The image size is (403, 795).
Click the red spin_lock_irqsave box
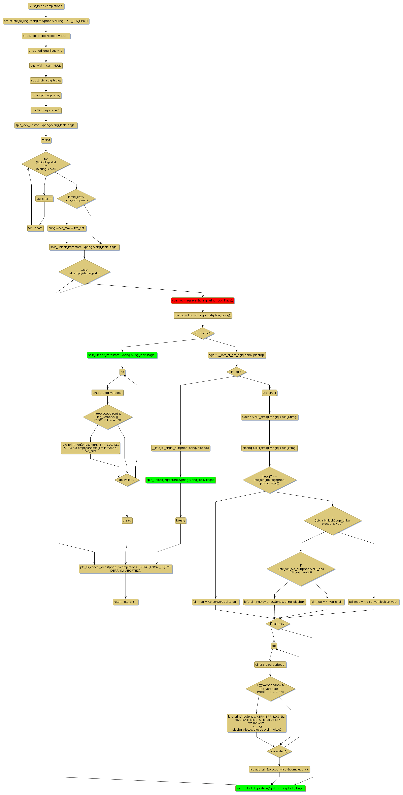tap(203, 300)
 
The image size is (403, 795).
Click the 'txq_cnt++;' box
tap(44, 198)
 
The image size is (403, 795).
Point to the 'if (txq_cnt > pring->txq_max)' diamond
tap(76, 198)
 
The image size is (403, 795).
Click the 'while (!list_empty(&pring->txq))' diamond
tap(84, 272)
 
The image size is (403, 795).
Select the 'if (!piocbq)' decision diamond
tap(203, 333)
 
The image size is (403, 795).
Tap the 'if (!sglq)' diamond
tap(237, 372)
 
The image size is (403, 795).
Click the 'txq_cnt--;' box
tap(269, 393)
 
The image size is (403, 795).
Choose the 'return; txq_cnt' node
tap(125, 602)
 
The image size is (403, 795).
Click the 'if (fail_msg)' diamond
tap(278, 623)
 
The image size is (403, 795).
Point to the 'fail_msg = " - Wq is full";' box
tap(327, 602)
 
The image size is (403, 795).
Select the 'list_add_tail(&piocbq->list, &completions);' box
tap(279, 769)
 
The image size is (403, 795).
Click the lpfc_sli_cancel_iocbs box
tap(125, 569)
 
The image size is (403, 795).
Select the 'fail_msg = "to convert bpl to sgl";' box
tap(215, 602)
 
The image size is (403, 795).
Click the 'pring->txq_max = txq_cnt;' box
tap(67, 228)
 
